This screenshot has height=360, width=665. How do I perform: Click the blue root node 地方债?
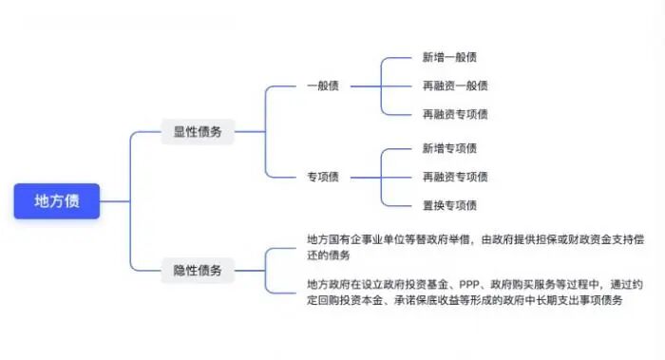(57, 201)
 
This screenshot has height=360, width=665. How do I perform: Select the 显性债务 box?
(197, 132)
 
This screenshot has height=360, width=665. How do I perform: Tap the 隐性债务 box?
(197, 271)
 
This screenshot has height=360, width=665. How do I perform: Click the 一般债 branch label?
(322, 86)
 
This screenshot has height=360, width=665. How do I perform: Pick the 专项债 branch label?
(322, 177)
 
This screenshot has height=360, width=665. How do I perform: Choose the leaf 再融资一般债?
(455, 86)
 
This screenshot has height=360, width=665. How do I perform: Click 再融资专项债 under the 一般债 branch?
(455, 114)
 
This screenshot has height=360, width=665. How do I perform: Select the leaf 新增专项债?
(449, 148)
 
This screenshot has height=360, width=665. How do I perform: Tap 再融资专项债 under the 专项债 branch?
(455, 177)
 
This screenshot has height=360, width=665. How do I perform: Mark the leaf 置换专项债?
(449, 205)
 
